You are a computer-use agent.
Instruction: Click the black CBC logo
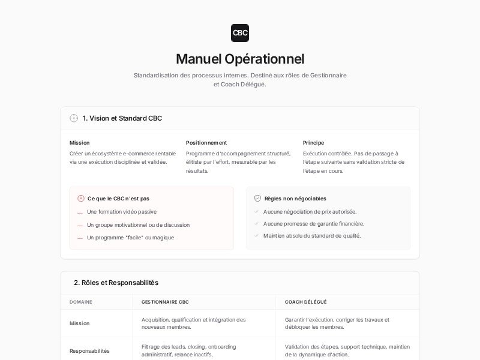(x=240, y=33)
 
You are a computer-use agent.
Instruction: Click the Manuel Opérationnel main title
(x=240, y=59)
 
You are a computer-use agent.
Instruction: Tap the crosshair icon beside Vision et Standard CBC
(x=74, y=118)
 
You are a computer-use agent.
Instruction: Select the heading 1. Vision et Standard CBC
(x=122, y=118)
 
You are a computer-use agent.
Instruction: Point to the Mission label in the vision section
(x=79, y=143)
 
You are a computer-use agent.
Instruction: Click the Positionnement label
(x=206, y=143)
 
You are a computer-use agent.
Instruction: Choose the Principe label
(x=313, y=143)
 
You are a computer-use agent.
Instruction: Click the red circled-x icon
(x=81, y=199)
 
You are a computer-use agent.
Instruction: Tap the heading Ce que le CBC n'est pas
(x=118, y=199)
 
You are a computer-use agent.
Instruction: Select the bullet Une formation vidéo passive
(x=122, y=212)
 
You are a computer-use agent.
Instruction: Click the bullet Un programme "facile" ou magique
(x=130, y=238)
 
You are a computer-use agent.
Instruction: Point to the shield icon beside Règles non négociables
(x=257, y=199)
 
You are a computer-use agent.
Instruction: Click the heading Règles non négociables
(x=295, y=199)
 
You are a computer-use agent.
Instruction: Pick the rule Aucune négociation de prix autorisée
(x=310, y=212)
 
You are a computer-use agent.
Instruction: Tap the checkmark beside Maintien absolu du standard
(x=256, y=235)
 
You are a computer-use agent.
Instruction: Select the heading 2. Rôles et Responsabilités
(x=116, y=283)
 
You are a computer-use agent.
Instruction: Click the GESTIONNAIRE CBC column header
(x=165, y=302)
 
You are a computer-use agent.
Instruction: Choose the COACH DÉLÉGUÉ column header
(x=306, y=302)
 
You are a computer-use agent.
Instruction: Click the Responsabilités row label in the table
(x=89, y=351)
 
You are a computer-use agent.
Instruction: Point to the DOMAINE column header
(x=81, y=302)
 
